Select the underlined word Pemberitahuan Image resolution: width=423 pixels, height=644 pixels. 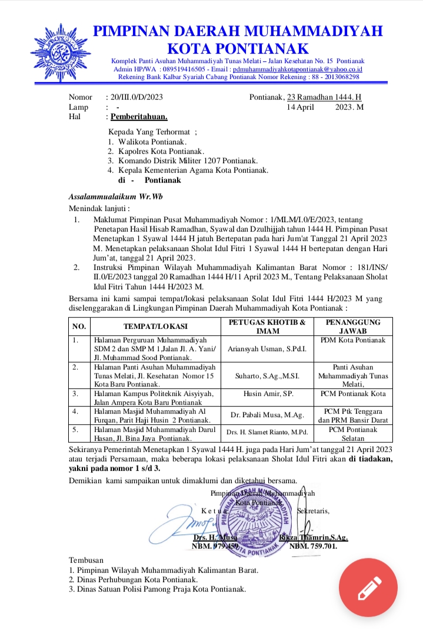pyautogui.click(x=139, y=116)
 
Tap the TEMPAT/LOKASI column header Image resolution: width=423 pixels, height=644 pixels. pyautogui.click(x=155, y=326)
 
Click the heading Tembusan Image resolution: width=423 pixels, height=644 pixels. pyautogui.click(x=86, y=560)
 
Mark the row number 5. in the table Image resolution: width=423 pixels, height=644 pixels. pyautogui.click(x=76, y=430)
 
